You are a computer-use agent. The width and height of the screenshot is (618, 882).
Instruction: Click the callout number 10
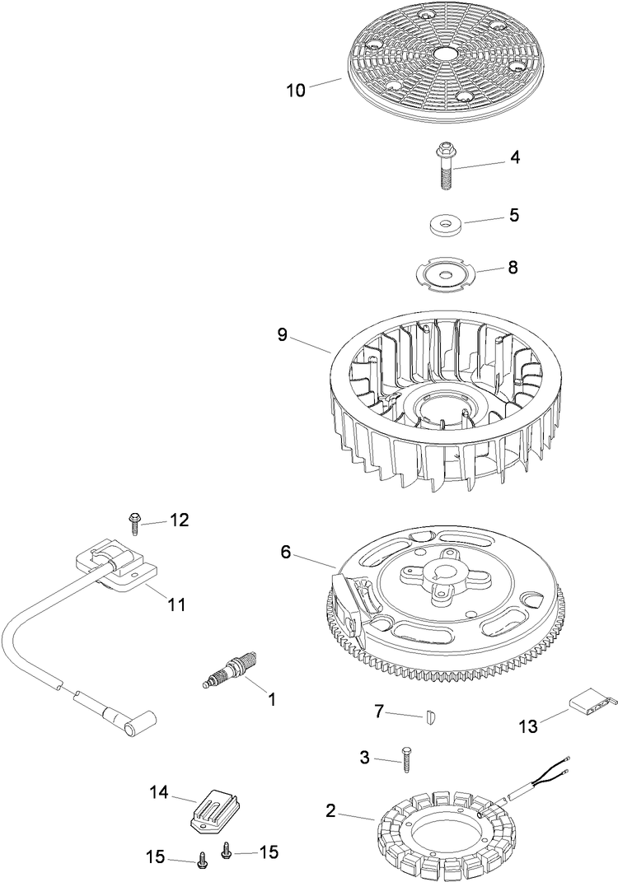(x=296, y=90)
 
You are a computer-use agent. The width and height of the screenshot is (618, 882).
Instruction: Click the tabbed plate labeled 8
(x=445, y=273)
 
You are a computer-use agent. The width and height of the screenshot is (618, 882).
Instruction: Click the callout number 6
(x=285, y=553)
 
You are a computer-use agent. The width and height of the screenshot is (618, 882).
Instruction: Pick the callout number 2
(x=330, y=811)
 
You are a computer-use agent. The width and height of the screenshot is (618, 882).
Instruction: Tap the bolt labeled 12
(x=133, y=519)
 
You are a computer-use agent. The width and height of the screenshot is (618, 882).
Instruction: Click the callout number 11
(x=177, y=604)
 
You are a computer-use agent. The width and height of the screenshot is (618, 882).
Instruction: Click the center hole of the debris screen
(x=447, y=52)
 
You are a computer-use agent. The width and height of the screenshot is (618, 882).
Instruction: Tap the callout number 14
(x=158, y=792)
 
